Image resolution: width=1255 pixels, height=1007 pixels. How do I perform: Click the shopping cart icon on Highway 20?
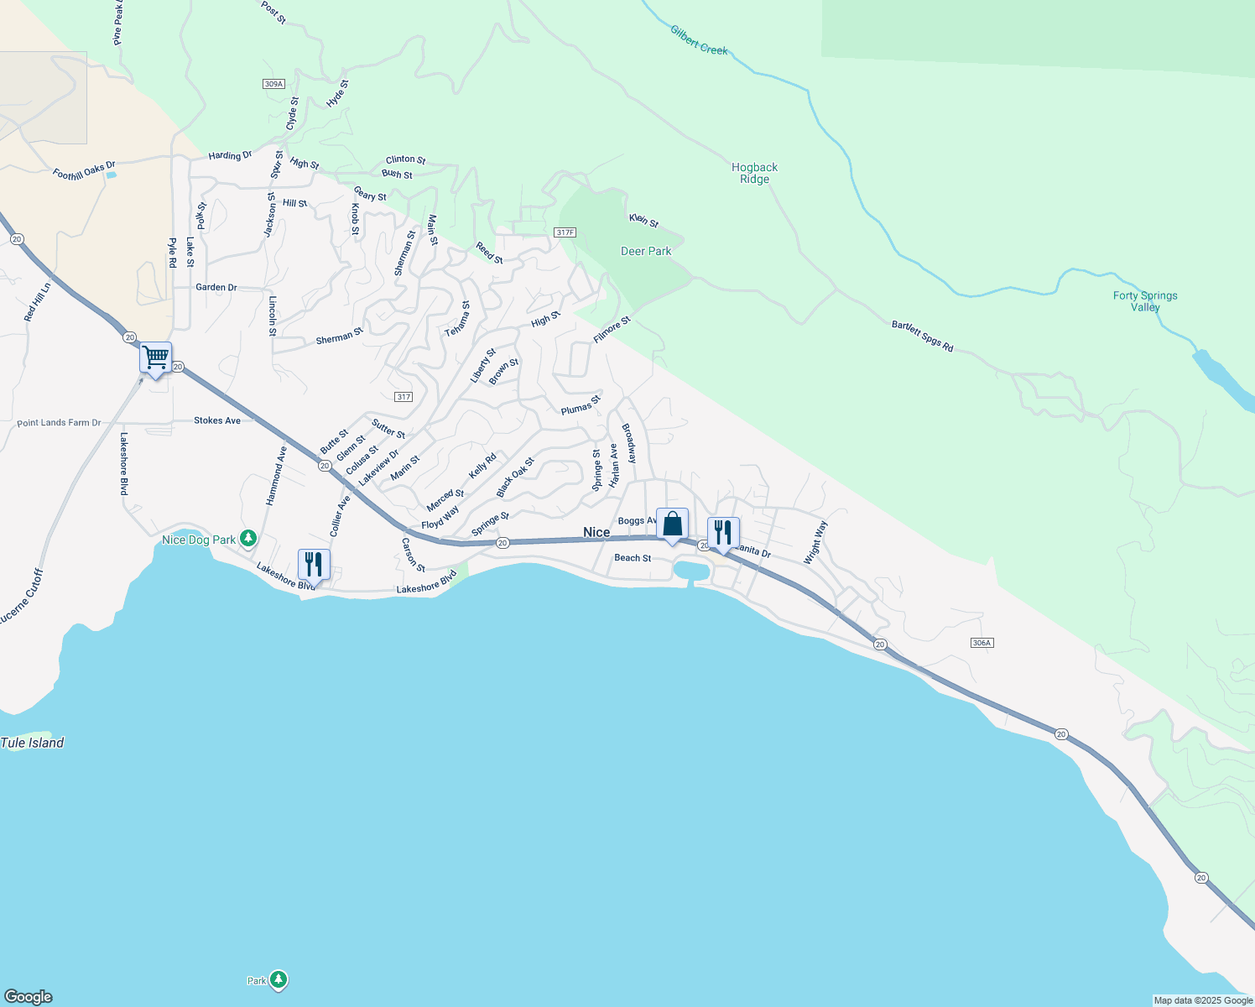coord(156,357)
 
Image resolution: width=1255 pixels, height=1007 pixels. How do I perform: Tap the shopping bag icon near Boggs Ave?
coord(672,524)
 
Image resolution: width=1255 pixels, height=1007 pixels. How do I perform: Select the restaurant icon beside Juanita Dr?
coord(722,533)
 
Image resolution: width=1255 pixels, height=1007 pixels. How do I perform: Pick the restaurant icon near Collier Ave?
coord(314,565)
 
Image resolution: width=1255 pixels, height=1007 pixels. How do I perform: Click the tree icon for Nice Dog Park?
coord(247,539)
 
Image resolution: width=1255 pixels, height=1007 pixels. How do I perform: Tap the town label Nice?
coord(596,533)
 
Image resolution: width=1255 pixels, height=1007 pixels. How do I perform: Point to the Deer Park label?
coord(646,251)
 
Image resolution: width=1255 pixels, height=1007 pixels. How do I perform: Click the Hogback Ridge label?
coord(754,173)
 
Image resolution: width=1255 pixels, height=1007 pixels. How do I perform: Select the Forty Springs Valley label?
coord(1145,301)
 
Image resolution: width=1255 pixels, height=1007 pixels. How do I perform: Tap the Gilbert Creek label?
coord(699,40)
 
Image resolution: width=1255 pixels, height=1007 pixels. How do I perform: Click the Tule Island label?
coord(33,743)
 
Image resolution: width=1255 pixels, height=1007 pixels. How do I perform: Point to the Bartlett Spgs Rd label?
coord(923,336)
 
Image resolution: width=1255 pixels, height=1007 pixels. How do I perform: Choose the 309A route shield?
coord(273,84)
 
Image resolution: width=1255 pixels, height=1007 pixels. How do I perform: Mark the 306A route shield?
coord(982,643)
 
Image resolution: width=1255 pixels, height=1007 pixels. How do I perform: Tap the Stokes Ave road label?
coord(217,420)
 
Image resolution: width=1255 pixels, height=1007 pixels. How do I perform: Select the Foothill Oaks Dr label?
coord(84,170)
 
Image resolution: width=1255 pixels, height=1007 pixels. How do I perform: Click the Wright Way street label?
coord(815,542)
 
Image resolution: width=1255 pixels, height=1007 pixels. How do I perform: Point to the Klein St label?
coord(644,221)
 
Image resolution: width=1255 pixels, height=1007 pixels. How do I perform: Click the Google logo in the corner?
coord(29,997)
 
